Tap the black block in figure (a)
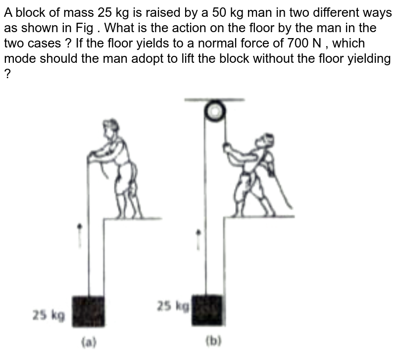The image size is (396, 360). coord(89,311)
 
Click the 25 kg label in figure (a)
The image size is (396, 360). coord(49,315)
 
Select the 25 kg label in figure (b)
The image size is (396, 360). coord(173,306)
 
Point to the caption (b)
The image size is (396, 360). coord(213,340)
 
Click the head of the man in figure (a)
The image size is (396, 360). coord(112,127)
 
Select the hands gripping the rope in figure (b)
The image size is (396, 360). coord(227,147)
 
